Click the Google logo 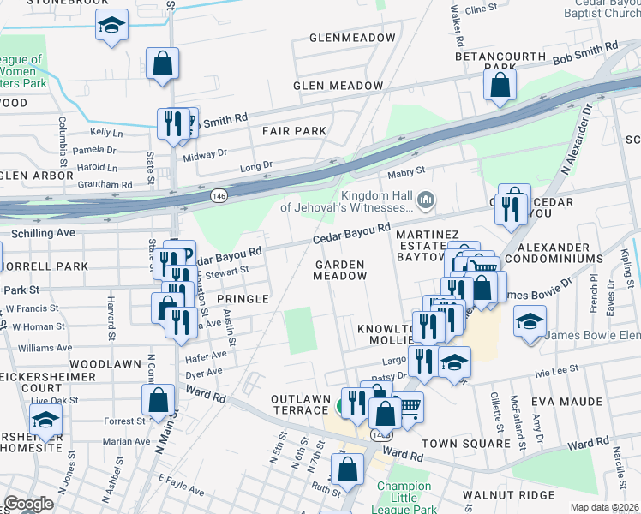28,504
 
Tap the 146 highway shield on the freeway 219,196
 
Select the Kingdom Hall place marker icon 426,200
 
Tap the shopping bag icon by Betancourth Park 500,84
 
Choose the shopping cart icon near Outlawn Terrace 410,406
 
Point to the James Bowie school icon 530,321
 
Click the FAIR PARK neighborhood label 294,131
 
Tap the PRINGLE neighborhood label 243,298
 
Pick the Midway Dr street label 204,152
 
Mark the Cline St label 481,8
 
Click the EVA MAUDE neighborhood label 566,400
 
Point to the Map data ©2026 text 604,507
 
